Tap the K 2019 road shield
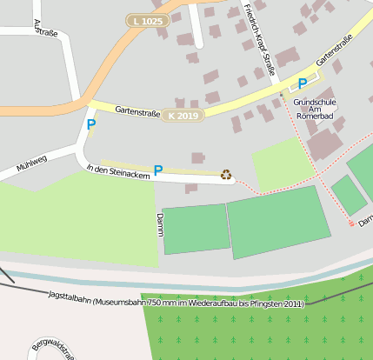coord(183,116)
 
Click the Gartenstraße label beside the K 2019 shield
coord(137,111)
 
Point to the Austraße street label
coord(44,32)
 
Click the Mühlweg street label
coord(31,163)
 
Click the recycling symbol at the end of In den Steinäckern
coord(227,175)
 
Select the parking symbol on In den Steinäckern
coord(157,170)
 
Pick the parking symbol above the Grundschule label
coord(302,83)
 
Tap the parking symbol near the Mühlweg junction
coord(90,125)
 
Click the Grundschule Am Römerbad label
coord(314,107)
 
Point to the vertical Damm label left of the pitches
coord(159,224)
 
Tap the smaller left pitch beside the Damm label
coord(196,229)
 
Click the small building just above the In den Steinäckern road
coord(198,157)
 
